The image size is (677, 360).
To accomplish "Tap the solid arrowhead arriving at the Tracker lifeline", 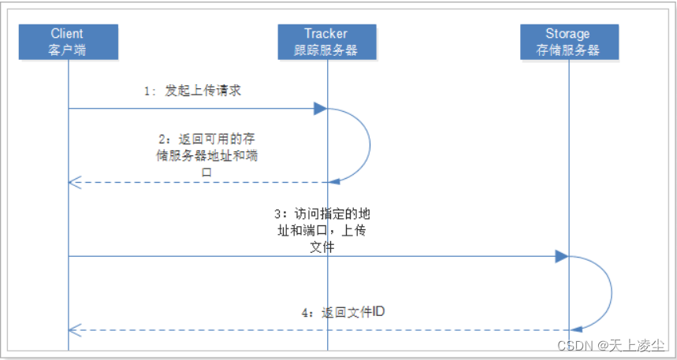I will [x=320, y=109].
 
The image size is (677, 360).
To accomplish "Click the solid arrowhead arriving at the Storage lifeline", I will [x=561, y=256].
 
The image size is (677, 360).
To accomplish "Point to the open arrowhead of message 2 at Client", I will [x=73, y=183].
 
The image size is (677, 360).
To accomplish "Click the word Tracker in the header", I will [x=326, y=34].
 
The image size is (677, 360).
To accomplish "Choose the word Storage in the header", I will [x=567, y=34].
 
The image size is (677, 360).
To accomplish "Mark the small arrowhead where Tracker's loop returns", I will [x=334, y=182].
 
